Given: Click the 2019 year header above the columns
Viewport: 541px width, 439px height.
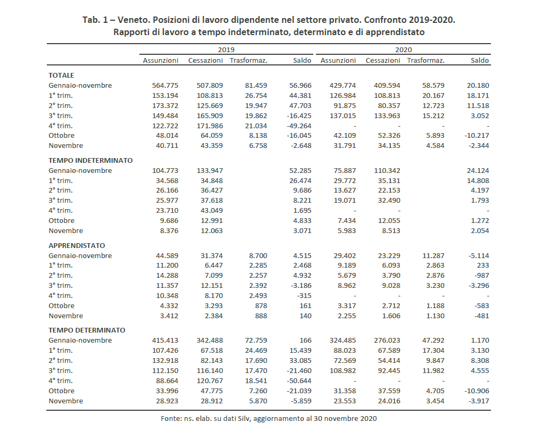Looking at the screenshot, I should click(226, 49).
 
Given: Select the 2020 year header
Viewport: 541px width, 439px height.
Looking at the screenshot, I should click(404, 49).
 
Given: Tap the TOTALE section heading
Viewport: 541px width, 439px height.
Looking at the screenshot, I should click(61, 75).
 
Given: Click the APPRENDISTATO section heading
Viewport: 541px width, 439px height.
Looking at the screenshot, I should click(77, 245).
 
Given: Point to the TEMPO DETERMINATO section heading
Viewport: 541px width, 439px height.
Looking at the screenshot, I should click(87, 330).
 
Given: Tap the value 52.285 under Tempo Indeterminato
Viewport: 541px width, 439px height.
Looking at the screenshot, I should click(300, 171).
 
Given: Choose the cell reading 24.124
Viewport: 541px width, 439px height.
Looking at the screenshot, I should click(478, 171).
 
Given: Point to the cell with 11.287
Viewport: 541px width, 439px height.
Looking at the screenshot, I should click(432, 255).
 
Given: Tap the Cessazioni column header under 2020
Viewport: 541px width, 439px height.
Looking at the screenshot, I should click(383, 60).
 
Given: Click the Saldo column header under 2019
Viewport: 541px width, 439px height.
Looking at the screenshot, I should click(302, 60).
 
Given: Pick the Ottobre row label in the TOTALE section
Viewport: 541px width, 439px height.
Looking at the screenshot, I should click(62, 136).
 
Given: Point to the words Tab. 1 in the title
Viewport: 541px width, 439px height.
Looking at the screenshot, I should click(95, 20).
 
